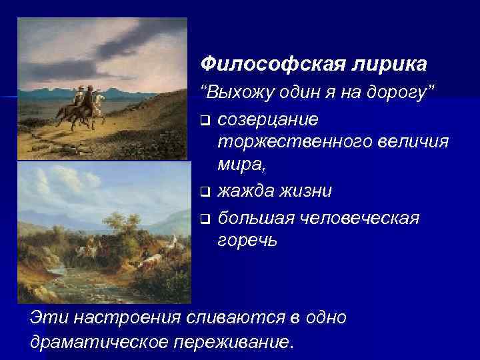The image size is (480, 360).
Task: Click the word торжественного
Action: (x=295, y=142)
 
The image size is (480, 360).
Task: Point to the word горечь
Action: (x=243, y=241)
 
